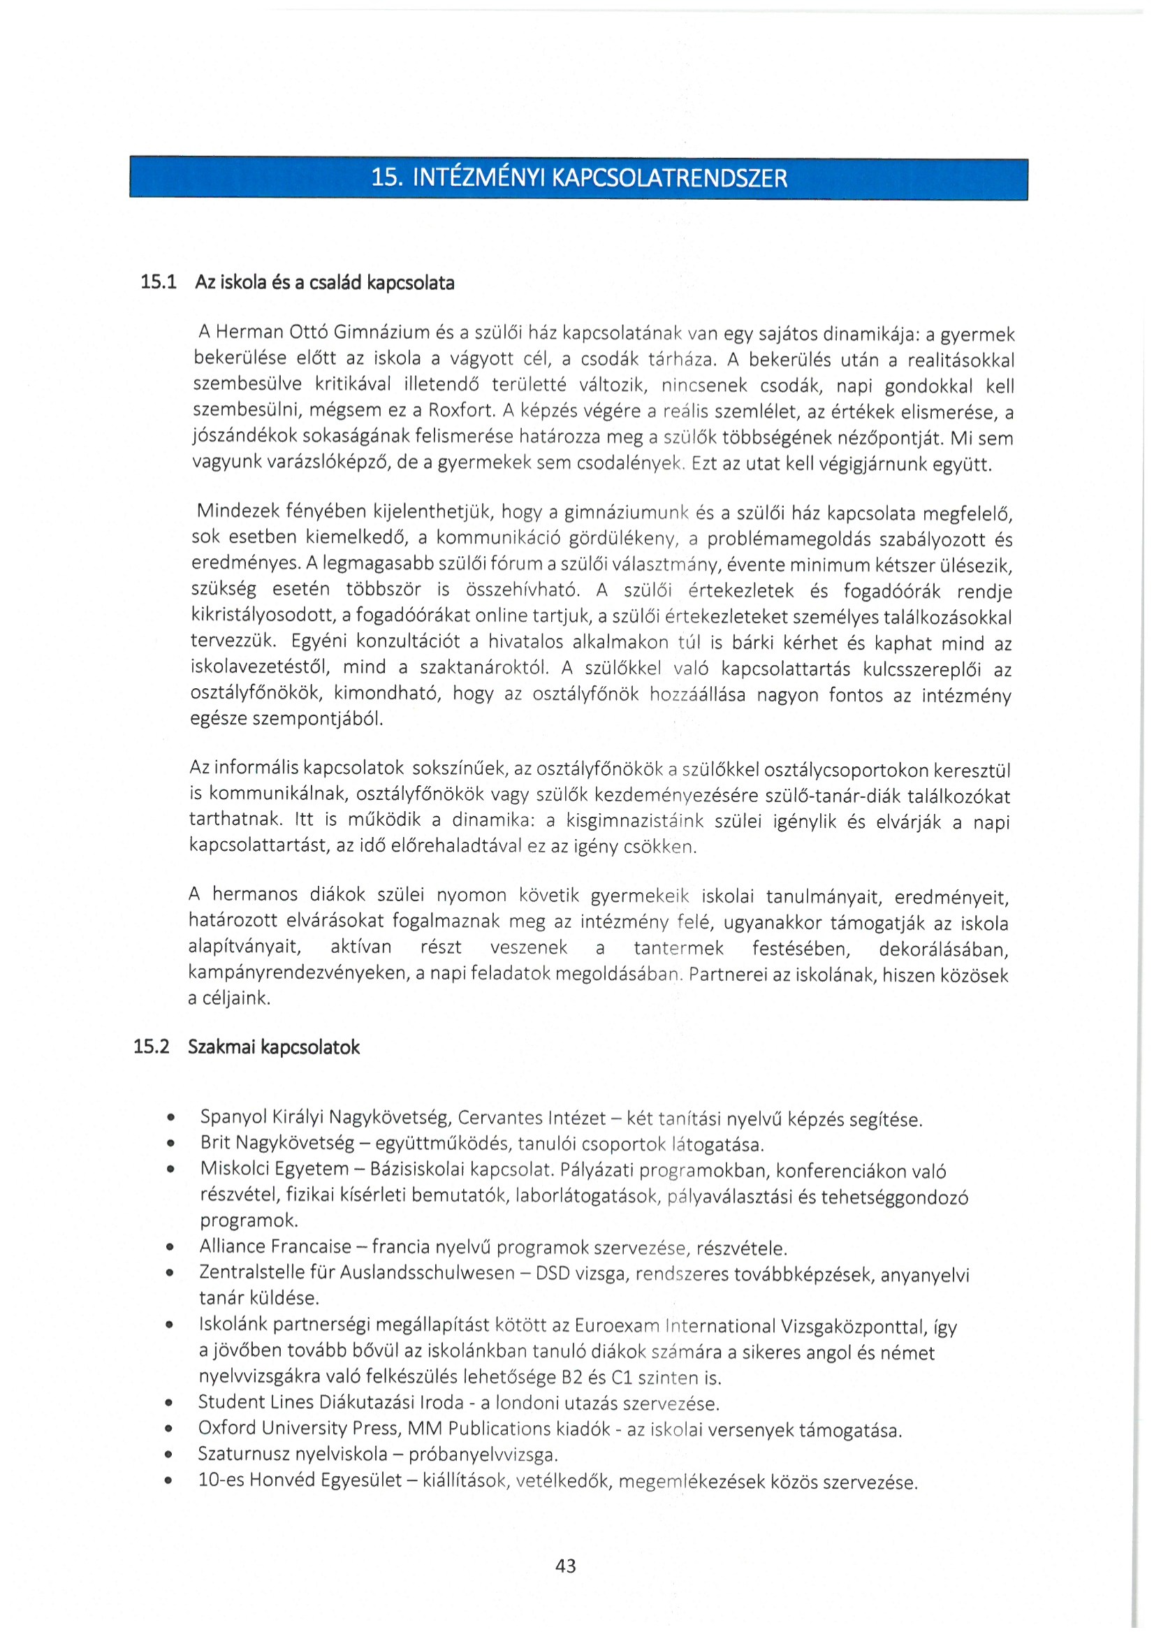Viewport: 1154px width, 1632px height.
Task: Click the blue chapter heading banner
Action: pyautogui.click(x=578, y=177)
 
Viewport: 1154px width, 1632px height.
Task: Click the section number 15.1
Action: pyautogui.click(x=158, y=282)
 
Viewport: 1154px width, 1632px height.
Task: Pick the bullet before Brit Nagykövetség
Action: pyautogui.click(x=170, y=1144)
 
